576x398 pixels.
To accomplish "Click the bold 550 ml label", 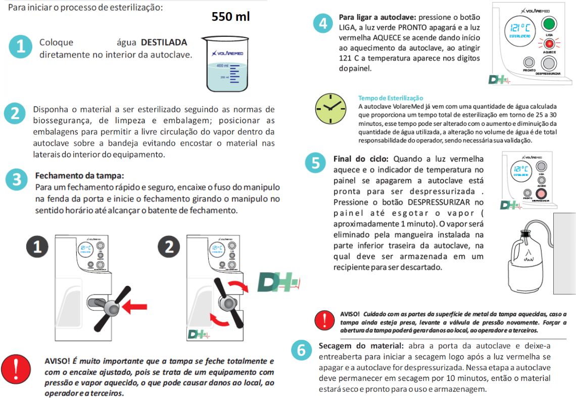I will pyautogui.click(x=230, y=17).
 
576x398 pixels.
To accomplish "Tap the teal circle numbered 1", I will pyautogui.click(x=20, y=47).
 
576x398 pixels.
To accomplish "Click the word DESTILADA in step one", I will pyautogui.click(x=164, y=42).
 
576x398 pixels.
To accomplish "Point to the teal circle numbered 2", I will pyautogui.click(x=15, y=113).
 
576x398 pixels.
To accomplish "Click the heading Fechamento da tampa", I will pyautogui.click(x=79, y=176).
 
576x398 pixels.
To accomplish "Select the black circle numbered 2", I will pyautogui.click(x=169, y=246).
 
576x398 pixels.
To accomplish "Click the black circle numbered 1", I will pyautogui.click(x=38, y=246).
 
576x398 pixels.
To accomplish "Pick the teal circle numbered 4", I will pyautogui.click(x=323, y=24).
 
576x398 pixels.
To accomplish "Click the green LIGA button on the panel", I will pyautogui.click(x=549, y=24).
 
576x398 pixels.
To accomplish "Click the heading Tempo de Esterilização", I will pyautogui.click(x=391, y=98).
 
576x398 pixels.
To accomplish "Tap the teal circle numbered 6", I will pyautogui.click(x=302, y=350).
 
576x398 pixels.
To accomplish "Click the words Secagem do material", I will pyautogui.click(x=361, y=346).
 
